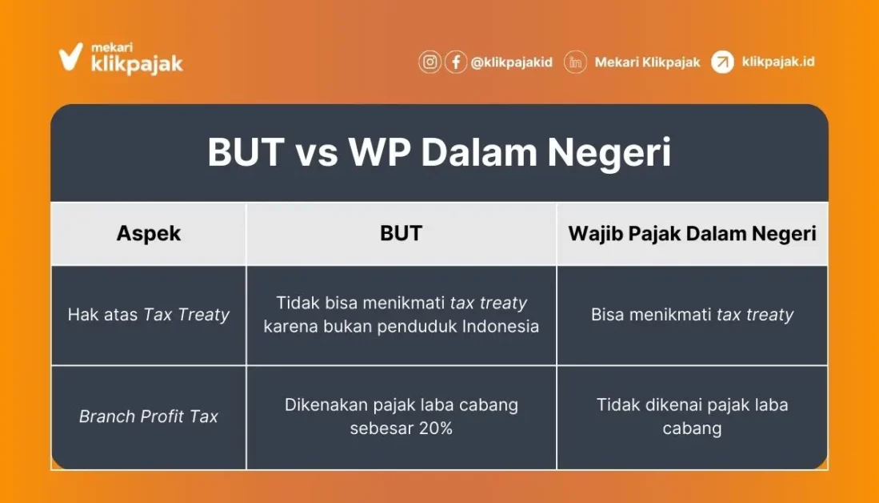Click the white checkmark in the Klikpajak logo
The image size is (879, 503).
point(70,57)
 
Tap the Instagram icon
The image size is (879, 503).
point(430,62)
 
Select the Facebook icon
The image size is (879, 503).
point(456,62)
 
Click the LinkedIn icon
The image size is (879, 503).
point(575,62)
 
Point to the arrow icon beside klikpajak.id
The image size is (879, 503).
point(722,62)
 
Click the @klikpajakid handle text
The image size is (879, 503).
point(511,62)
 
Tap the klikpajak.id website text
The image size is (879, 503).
point(778,61)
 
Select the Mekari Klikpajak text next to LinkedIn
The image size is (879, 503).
point(648,62)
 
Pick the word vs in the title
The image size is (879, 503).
point(318,153)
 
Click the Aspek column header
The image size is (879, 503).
point(149,234)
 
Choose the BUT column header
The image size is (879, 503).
point(401,233)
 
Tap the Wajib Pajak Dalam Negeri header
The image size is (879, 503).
point(693,234)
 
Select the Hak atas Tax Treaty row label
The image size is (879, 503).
point(149,314)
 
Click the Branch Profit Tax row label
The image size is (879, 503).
point(149,416)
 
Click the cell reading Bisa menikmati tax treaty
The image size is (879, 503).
point(693,314)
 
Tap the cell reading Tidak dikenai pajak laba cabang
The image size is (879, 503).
point(693,416)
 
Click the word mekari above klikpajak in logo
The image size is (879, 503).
point(111,48)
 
